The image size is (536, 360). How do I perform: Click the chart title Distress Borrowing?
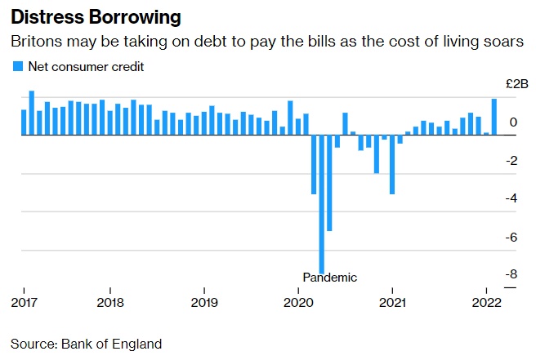[x=96, y=16]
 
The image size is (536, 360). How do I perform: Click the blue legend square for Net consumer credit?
[x=17, y=67]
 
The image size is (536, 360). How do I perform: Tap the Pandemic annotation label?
[x=329, y=277]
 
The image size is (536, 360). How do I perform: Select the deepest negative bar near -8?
[x=322, y=204]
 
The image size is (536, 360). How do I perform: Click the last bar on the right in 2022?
[x=494, y=117]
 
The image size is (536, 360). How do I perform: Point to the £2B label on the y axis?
[x=517, y=84]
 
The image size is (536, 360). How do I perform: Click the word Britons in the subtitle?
[x=33, y=42]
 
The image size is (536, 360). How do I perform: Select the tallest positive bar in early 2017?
[x=32, y=113]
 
